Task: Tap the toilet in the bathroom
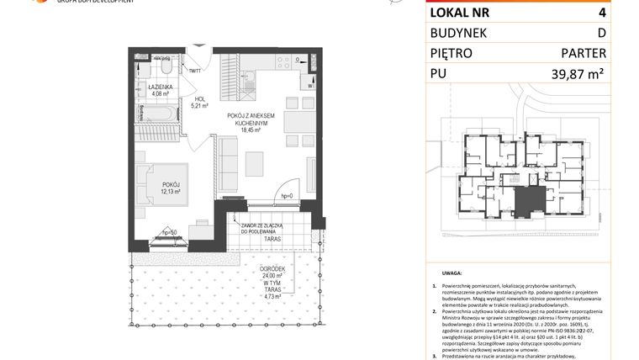[x=166, y=66]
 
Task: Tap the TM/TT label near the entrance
[x=195, y=71]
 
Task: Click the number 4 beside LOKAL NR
[x=601, y=12]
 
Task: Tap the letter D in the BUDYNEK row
[x=601, y=33]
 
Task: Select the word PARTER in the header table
[x=585, y=54]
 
